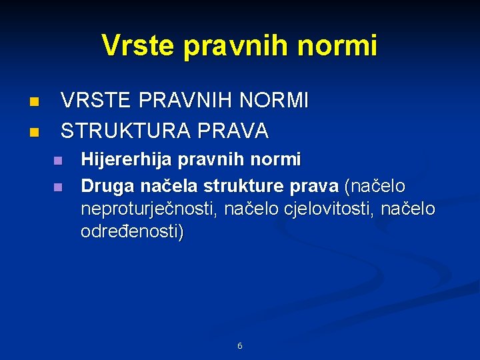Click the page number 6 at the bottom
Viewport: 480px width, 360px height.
(x=240, y=346)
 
